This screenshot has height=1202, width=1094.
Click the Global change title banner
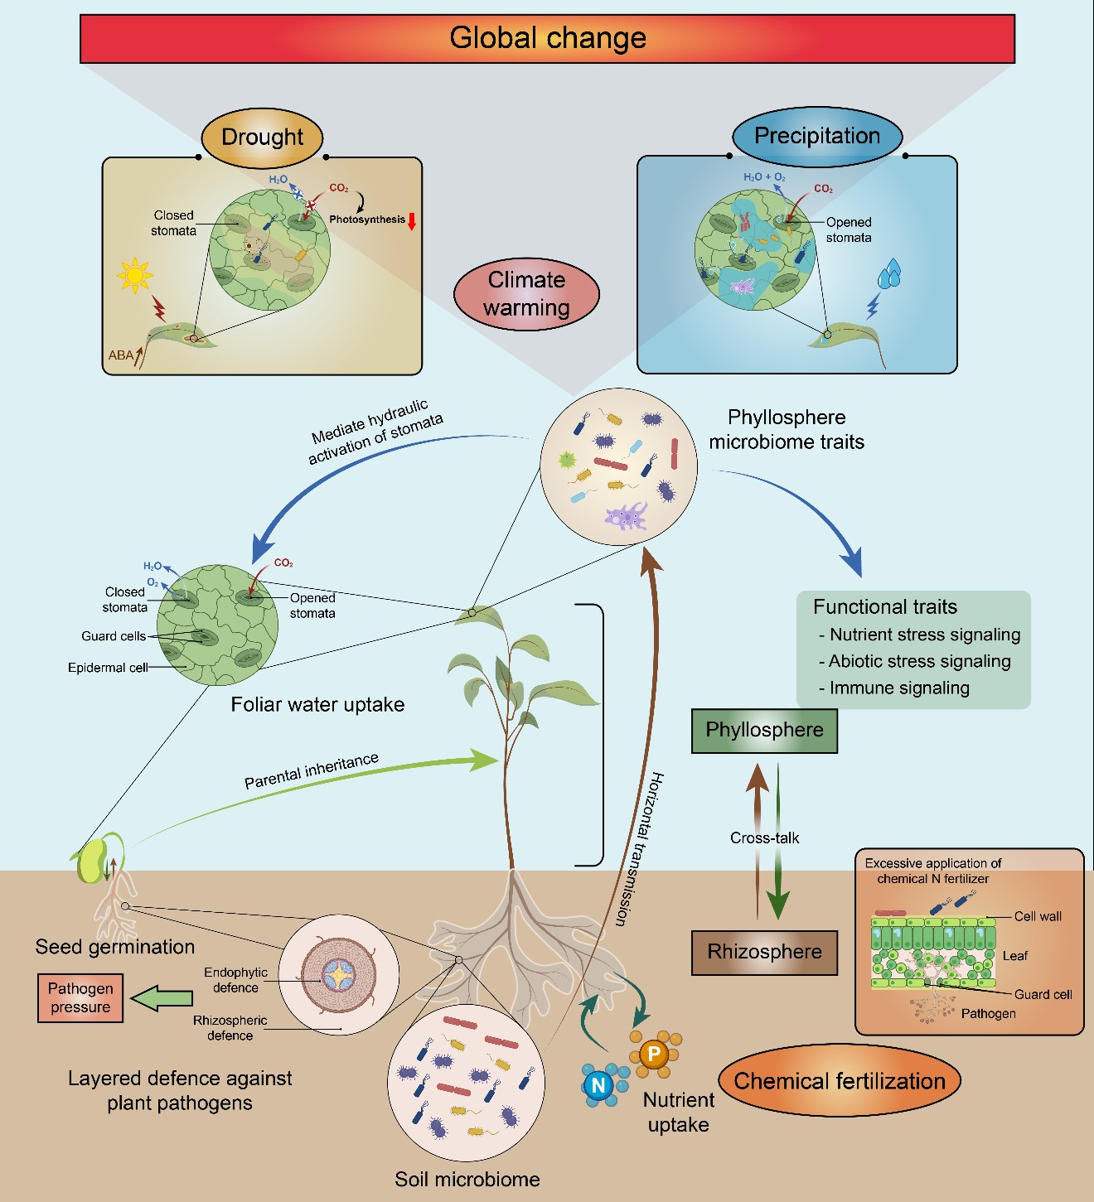click(x=547, y=38)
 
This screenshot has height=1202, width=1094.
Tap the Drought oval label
click(x=262, y=137)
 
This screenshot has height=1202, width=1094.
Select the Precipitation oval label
click(x=817, y=136)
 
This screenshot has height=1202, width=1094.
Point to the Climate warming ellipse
click(x=526, y=293)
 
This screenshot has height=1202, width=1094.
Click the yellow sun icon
click(x=135, y=275)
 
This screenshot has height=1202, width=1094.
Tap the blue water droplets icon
click(x=889, y=274)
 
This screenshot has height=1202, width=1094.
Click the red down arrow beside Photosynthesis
click(x=412, y=220)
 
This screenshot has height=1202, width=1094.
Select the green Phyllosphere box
click(x=764, y=730)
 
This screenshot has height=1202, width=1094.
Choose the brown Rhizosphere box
click(x=764, y=952)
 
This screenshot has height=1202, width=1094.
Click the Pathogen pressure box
click(x=80, y=997)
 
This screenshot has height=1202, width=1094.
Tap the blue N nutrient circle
click(x=598, y=1085)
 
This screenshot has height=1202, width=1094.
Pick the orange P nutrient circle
click(x=654, y=1054)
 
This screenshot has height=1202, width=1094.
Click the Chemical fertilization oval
click(x=839, y=1081)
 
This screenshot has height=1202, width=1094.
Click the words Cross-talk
click(x=764, y=838)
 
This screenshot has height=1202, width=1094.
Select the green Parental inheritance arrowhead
click(x=486, y=759)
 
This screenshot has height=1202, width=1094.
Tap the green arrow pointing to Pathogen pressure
click(x=162, y=998)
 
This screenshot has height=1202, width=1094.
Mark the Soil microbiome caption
click(x=467, y=1179)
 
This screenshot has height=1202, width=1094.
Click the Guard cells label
click(x=114, y=636)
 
